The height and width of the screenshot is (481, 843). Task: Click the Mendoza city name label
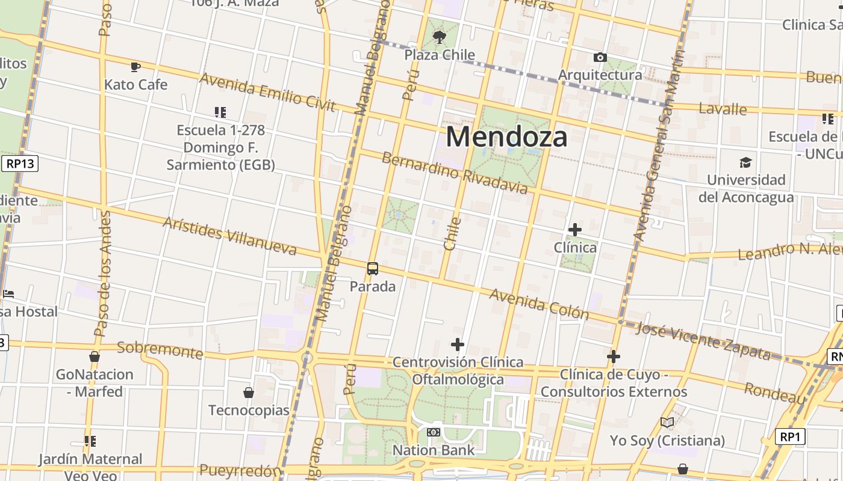pyautogui.click(x=506, y=136)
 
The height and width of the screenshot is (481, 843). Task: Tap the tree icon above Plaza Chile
pyautogui.click(x=440, y=37)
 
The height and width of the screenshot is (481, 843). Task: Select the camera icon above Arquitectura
pyautogui.click(x=600, y=58)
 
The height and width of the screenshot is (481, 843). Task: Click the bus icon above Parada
pyautogui.click(x=373, y=269)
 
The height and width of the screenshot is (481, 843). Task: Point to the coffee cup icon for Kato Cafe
pyautogui.click(x=135, y=67)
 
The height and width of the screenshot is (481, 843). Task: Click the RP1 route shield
pyautogui.click(x=789, y=437)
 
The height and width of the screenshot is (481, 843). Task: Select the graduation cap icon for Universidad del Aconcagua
pyautogui.click(x=745, y=162)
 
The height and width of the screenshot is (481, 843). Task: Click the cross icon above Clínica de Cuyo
pyautogui.click(x=613, y=357)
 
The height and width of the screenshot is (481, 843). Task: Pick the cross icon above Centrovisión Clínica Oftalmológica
pyautogui.click(x=458, y=345)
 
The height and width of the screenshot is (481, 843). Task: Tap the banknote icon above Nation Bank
pyautogui.click(x=434, y=432)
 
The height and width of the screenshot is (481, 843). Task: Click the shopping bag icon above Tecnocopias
pyautogui.click(x=248, y=393)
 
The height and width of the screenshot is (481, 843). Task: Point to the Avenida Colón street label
pyautogui.click(x=539, y=304)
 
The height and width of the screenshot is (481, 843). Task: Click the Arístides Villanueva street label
pyautogui.click(x=229, y=236)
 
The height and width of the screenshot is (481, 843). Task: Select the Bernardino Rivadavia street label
pyautogui.click(x=455, y=174)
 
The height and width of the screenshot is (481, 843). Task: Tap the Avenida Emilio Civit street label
pyautogui.click(x=267, y=92)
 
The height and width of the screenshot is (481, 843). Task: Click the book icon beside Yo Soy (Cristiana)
pyautogui.click(x=667, y=423)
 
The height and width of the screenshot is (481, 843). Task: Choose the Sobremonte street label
pyautogui.click(x=160, y=349)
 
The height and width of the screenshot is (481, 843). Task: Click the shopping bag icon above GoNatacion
pyautogui.click(x=95, y=357)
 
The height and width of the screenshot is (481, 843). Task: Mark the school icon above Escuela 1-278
pyautogui.click(x=220, y=112)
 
